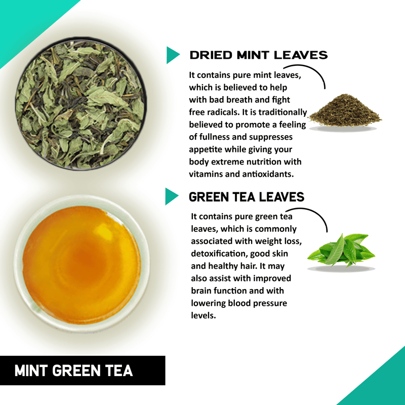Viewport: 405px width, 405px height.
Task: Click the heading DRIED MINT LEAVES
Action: pos(259,55)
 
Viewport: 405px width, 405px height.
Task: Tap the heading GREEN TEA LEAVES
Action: pos(247,197)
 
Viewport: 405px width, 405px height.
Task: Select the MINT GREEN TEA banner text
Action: pos(73,371)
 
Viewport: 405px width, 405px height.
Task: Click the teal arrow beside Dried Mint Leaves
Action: pos(173,55)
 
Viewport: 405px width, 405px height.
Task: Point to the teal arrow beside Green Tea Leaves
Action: pos(172,196)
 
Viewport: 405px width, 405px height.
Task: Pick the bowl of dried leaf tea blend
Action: pos(81,104)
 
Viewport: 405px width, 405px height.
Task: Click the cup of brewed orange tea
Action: pos(82,263)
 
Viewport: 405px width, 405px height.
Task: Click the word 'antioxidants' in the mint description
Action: pos(268,174)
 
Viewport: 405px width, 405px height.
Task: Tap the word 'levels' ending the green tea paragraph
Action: pos(204,315)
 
